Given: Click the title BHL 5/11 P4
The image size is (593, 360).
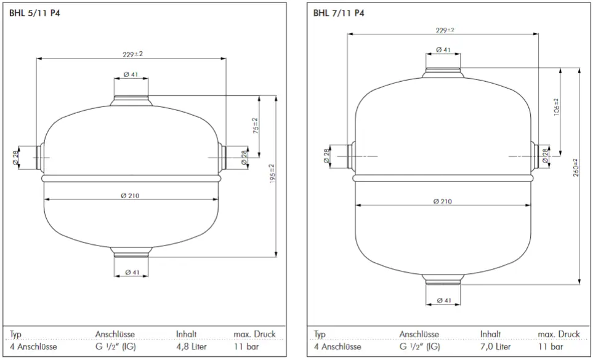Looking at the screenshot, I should coord(34,13).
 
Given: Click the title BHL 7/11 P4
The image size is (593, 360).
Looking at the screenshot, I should coord(339,13).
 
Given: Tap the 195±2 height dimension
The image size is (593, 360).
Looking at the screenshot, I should coord(272,176).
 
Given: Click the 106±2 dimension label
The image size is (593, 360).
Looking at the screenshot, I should coord(556,109).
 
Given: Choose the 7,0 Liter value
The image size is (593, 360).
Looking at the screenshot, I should coord(496,347).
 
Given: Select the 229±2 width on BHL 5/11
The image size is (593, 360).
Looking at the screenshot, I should coord(132,54).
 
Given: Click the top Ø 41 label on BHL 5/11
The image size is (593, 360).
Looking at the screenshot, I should coord(130,75).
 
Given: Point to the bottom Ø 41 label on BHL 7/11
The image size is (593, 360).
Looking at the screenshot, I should coord(443,300).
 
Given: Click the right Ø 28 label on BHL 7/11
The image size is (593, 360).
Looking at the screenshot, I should coord(545,158).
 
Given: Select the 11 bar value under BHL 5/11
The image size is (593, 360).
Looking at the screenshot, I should coord(246,347).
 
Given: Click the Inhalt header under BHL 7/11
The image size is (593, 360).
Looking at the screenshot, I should coord(491,334).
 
